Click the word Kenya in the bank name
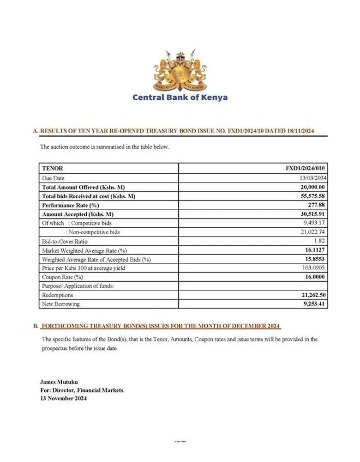[x=212, y=97]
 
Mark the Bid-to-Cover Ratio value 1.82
[x=321, y=241]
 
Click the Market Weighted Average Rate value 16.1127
[x=316, y=250]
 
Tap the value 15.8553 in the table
[x=316, y=259]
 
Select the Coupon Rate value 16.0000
[x=316, y=277]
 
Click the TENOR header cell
[x=53, y=169]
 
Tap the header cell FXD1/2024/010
[x=306, y=169]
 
